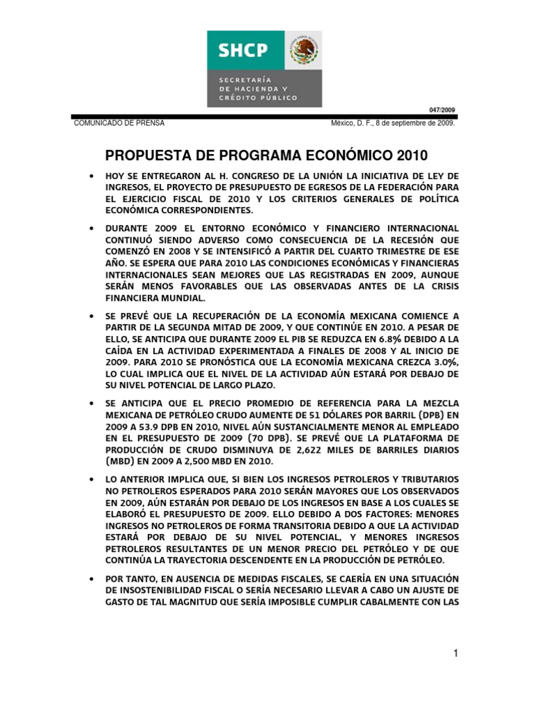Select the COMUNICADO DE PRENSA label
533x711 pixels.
[119, 122]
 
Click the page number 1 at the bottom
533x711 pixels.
[456, 653]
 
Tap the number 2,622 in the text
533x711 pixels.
[306, 450]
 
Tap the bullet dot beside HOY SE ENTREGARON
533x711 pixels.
[92, 177]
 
